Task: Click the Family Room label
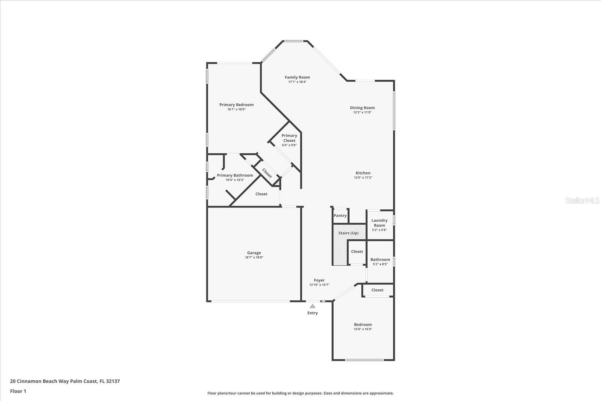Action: coord(297,77)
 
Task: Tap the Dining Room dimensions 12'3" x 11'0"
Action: coord(362,112)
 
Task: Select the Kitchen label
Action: coord(363,173)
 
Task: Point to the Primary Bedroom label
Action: coord(236,105)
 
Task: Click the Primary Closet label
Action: coord(289,138)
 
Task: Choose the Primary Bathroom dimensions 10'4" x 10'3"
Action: coord(235,180)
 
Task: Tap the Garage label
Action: coord(254,253)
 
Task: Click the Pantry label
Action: coord(340,216)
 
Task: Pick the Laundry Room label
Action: coord(379,223)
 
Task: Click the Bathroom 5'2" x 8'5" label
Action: coord(380,260)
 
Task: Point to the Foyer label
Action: coord(319,280)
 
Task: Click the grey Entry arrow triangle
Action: coord(313,306)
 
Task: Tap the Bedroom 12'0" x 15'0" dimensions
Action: coord(363,329)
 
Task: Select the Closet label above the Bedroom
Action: coord(377,290)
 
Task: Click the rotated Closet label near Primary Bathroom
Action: coord(267,173)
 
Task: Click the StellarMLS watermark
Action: coord(582,201)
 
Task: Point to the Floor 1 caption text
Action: coord(18,391)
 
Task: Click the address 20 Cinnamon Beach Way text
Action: coord(65,381)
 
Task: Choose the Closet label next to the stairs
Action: coord(357,252)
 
